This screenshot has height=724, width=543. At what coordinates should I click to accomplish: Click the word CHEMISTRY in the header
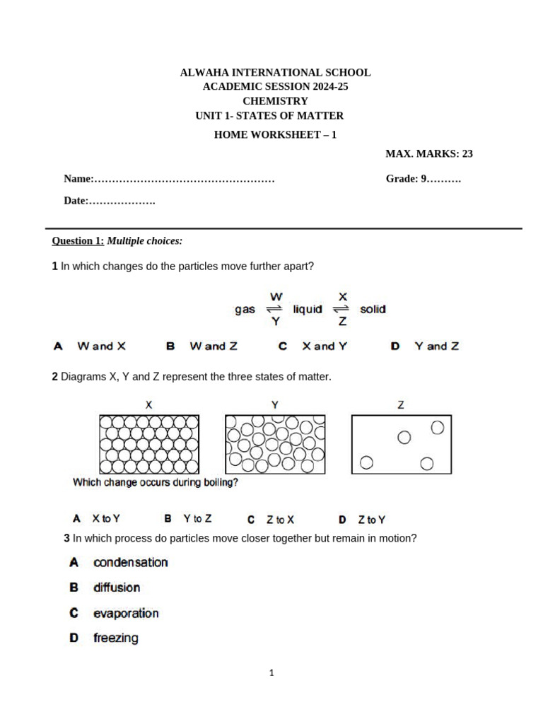click(275, 101)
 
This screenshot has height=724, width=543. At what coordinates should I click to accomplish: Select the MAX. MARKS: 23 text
click(428, 153)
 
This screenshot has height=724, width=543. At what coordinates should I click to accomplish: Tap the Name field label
click(78, 179)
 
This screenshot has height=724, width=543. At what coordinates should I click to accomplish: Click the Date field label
click(76, 201)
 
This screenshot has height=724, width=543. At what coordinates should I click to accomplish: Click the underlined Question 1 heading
click(78, 241)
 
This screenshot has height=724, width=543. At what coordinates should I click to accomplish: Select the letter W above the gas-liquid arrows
click(276, 296)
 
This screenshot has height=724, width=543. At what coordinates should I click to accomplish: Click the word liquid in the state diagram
click(308, 310)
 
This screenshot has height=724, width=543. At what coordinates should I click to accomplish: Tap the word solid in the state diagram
click(373, 310)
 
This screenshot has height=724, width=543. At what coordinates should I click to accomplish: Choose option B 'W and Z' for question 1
click(202, 346)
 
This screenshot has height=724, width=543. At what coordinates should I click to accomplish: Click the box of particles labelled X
click(149, 444)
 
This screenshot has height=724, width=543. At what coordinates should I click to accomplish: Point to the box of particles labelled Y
click(275, 444)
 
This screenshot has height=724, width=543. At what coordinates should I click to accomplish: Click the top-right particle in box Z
click(438, 428)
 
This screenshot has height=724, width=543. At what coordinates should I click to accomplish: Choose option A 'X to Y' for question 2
click(97, 519)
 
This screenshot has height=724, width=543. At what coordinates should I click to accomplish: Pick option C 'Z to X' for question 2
click(271, 520)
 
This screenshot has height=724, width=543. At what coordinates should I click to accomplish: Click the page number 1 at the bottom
click(271, 673)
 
